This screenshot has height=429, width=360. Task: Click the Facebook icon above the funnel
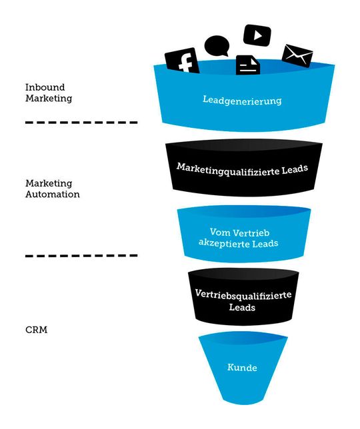pyautogui.click(x=182, y=61)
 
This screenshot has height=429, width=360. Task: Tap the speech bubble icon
pyautogui.click(x=217, y=46)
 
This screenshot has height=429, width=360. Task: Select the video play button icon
pyautogui.click(x=257, y=35)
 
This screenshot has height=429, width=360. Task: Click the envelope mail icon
pyautogui.click(x=297, y=55)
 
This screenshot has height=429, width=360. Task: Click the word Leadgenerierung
pyautogui.click(x=242, y=101)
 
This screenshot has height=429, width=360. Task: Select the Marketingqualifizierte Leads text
pyautogui.click(x=242, y=168)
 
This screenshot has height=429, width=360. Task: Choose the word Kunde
pyautogui.click(x=242, y=367)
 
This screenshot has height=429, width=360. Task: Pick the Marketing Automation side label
pyautogui.click(x=52, y=189)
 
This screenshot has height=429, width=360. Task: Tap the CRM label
pyautogui.click(x=37, y=329)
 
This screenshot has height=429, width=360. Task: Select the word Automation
pyautogui.click(x=52, y=195)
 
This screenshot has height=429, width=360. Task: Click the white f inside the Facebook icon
pyautogui.click(x=186, y=62)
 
